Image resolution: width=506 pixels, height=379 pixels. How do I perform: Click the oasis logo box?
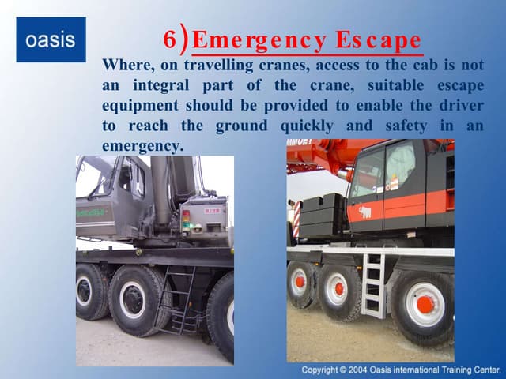(x=51, y=39)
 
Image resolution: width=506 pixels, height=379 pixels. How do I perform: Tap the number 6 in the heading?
(x=170, y=40)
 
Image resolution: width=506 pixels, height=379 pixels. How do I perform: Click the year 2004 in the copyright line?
(x=359, y=370)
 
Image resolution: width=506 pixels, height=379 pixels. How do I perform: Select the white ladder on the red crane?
(x=373, y=284)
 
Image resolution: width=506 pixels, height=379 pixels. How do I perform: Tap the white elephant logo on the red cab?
(x=365, y=212)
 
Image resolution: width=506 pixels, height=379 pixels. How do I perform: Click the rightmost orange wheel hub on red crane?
(x=425, y=303)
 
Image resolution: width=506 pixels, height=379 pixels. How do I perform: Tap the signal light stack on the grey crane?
(x=186, y=220)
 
